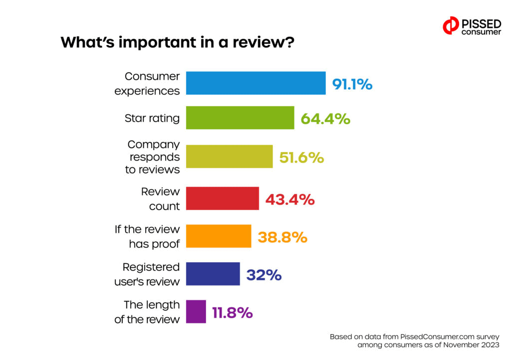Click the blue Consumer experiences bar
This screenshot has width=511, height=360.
255,83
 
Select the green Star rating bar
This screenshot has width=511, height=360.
240,118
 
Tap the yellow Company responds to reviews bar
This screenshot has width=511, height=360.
229,157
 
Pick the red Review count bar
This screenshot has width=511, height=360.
223,199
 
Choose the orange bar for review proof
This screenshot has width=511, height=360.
219,236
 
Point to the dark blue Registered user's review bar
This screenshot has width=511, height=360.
213,274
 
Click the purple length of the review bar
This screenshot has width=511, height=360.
196,312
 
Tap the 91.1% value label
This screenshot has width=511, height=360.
352,84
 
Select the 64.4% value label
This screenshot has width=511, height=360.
325,119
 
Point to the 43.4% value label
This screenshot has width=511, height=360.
289,199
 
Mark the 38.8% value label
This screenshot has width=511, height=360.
282,237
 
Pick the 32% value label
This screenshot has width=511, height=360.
263,275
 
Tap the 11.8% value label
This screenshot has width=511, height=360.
232,313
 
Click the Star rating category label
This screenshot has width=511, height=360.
152,119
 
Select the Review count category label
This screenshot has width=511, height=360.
160,199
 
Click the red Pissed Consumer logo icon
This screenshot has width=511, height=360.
451,25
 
